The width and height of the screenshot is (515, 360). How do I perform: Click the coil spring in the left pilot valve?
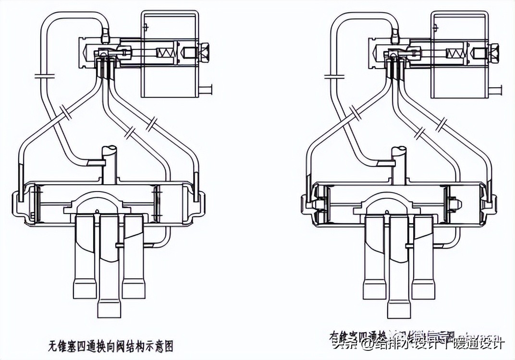163,52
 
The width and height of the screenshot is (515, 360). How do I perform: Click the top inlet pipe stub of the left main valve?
109,163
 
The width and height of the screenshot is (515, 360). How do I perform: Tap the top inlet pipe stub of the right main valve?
399,163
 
